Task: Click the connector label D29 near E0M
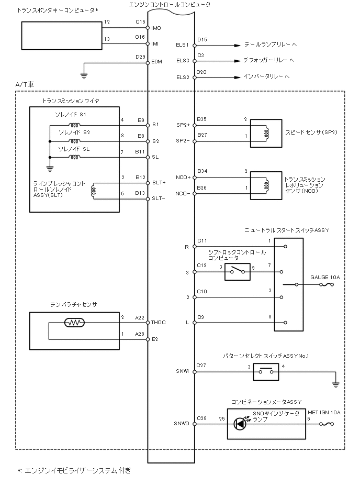click(140, 56)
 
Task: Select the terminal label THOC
click(158, 322)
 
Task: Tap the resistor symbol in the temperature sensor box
click(74, 322)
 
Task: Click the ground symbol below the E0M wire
click(84, 75)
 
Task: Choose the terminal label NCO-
click(183, 194)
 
